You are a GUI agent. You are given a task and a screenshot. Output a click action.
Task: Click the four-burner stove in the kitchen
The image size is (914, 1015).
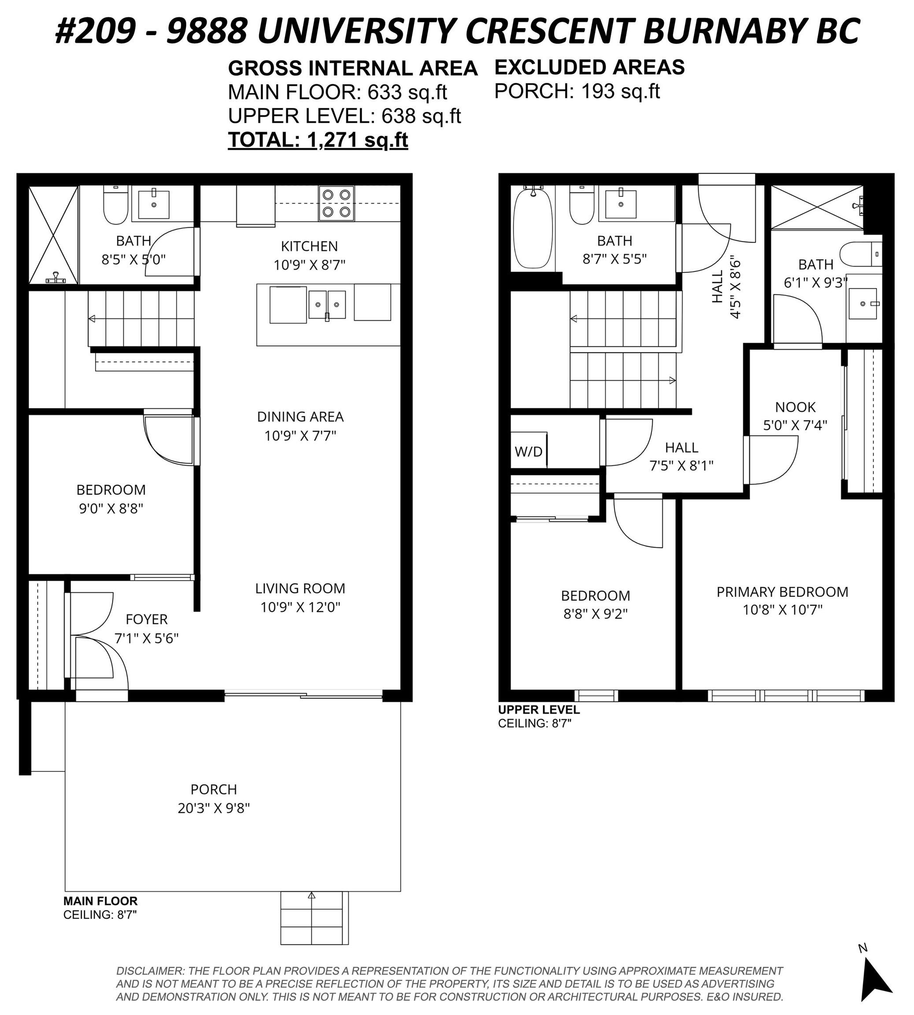[x=337, y=204]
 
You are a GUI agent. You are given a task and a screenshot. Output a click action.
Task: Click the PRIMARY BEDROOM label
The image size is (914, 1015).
[x=782, y=592]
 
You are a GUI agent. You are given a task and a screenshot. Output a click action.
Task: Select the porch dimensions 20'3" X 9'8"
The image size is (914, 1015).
[x=214, y=808]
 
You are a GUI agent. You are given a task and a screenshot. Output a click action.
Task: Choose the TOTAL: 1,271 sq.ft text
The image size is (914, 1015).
[x=318, y=140]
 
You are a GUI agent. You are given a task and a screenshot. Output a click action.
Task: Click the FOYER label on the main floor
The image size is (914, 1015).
[x=147, y=619]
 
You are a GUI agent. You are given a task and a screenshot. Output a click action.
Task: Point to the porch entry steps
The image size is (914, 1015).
[x=314, y=919]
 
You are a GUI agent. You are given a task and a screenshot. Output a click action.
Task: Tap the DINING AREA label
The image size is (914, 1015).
[x=300, y=417]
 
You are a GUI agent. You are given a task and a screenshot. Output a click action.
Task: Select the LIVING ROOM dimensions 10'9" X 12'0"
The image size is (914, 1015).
[x=300, y=607]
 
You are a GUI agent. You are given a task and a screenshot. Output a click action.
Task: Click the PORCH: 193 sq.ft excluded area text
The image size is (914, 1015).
[x=577, y=91]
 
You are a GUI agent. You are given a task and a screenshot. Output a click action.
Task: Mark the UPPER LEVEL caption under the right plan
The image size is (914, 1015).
[x=539, y=710]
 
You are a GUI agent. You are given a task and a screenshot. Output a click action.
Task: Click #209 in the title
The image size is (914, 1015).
[x=96, y=31]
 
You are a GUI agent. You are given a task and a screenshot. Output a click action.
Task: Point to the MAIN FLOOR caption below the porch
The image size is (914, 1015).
[x=100, y=901]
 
